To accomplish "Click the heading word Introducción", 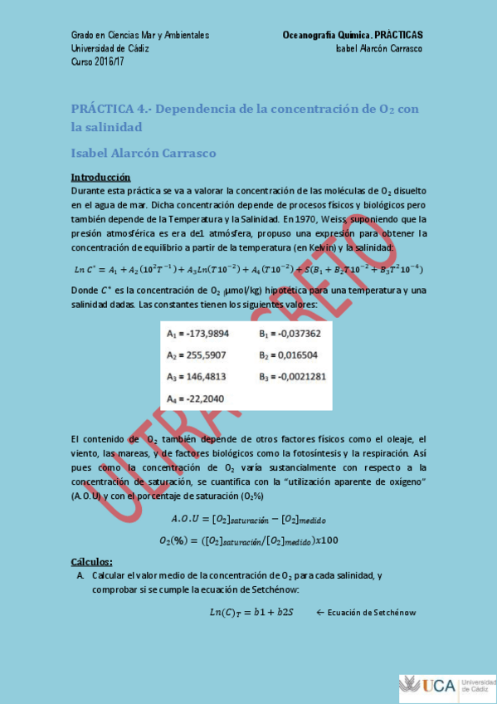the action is click(x=100, y=177).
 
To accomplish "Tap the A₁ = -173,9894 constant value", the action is click(x=198, y=333).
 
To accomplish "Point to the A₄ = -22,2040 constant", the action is click(x=196, y=398).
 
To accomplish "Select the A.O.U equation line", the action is click(x=248, y=519).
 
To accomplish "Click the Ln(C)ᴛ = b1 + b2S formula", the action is click(x=251, y=613).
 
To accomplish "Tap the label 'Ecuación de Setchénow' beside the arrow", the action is click(x=371, y=613).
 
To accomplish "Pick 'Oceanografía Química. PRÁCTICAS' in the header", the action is click(x=353, y=35).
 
